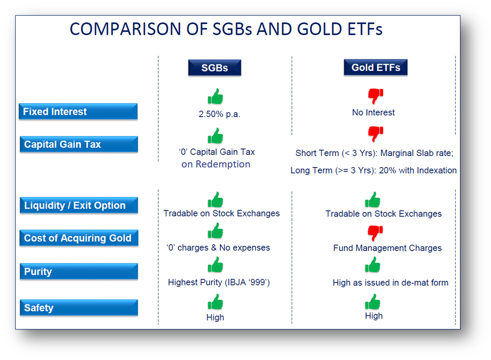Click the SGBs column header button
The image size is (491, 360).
(x=214, y=67)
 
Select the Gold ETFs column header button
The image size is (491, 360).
(x=375, y=67)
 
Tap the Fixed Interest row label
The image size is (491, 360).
(x=78, y=112)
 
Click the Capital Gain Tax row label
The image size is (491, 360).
(x=78, y=145)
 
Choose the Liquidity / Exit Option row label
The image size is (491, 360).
(x=78, y=205)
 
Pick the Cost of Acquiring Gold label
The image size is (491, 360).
(x=78, y=238)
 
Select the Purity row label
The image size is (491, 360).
(x=78, y=272)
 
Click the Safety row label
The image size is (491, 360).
(x=78, y=308)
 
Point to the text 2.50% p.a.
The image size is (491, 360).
(x=219, y=114)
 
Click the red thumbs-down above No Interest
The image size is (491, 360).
(x=375, y=96)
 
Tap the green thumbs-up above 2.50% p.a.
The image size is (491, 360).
(x=215, y=97)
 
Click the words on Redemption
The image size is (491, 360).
(x=216, y=164)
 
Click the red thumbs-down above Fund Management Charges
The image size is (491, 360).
(x=374, y=232)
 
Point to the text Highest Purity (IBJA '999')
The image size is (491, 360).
(x=219, y=282)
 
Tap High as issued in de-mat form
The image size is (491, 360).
(x=390, y=283)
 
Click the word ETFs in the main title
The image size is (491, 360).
(x=357, y=29)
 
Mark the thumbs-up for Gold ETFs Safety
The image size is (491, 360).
(x=373, y=301)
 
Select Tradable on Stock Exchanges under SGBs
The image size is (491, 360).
(x=221, y=213)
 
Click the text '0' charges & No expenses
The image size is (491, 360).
(x=218, y=248)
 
